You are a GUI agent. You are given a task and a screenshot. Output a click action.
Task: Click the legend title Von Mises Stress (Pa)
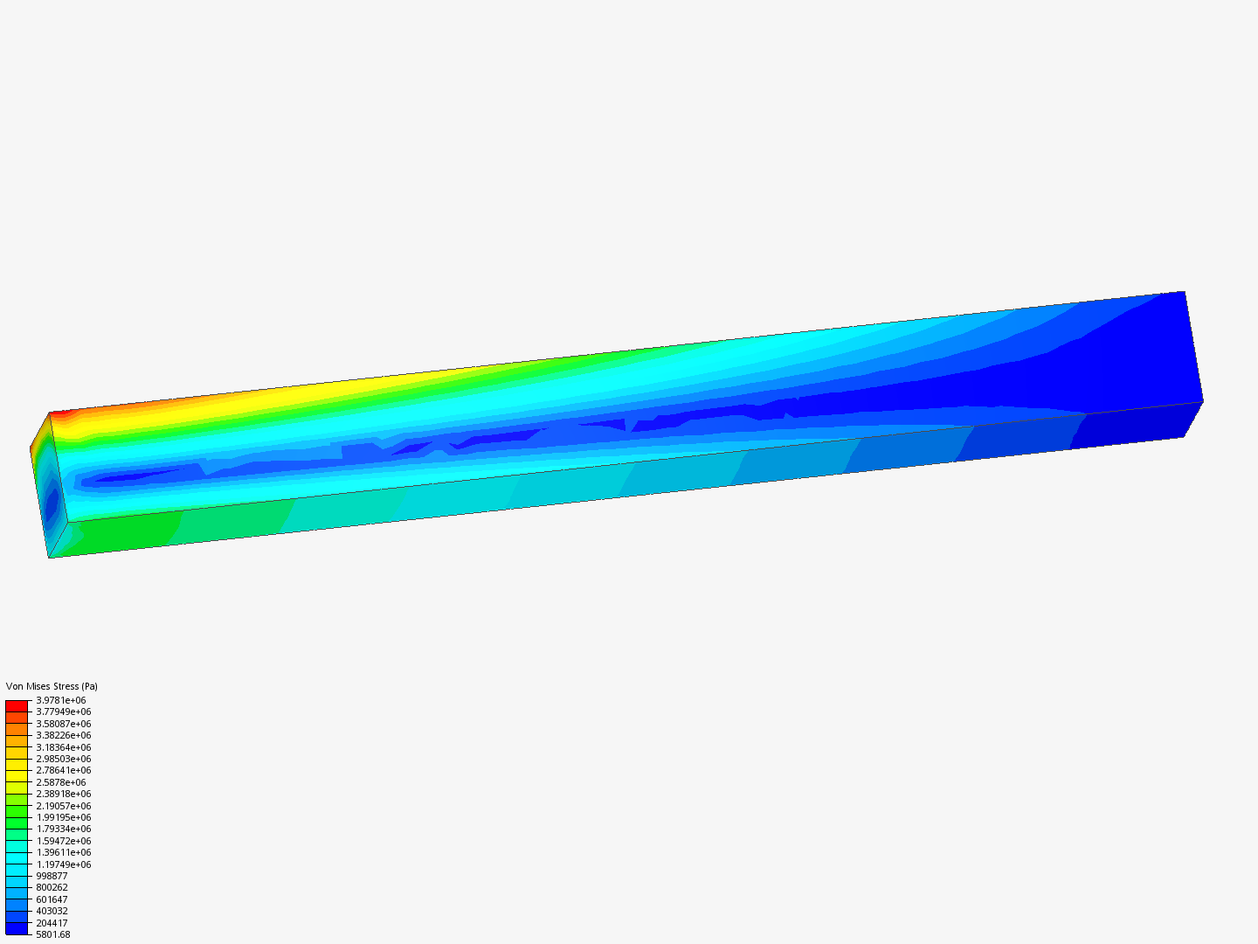52,686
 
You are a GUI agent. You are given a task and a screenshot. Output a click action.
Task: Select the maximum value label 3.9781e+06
60,700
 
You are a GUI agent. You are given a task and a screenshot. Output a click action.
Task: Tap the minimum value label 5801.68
52,934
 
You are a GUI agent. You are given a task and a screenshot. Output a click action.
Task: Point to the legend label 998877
52,876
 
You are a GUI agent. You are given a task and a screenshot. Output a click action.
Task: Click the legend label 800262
52,887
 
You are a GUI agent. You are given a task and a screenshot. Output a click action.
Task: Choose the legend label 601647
52,899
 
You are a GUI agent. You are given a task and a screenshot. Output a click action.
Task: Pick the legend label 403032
52,911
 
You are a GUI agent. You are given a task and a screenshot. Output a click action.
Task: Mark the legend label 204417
52,923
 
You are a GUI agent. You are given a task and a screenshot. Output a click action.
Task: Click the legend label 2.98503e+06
63,759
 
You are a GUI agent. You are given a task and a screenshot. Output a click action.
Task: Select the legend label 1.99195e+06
63,817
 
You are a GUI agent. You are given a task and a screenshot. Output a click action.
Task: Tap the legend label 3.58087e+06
63,724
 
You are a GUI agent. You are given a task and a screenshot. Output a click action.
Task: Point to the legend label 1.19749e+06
63,864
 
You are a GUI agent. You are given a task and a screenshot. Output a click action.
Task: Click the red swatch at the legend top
17,705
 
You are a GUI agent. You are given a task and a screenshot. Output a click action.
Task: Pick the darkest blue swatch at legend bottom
17,928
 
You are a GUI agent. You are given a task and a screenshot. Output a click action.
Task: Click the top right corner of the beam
1184,292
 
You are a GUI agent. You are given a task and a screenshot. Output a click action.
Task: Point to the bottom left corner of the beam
49,557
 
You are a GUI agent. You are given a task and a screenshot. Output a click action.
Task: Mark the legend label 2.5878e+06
60,782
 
